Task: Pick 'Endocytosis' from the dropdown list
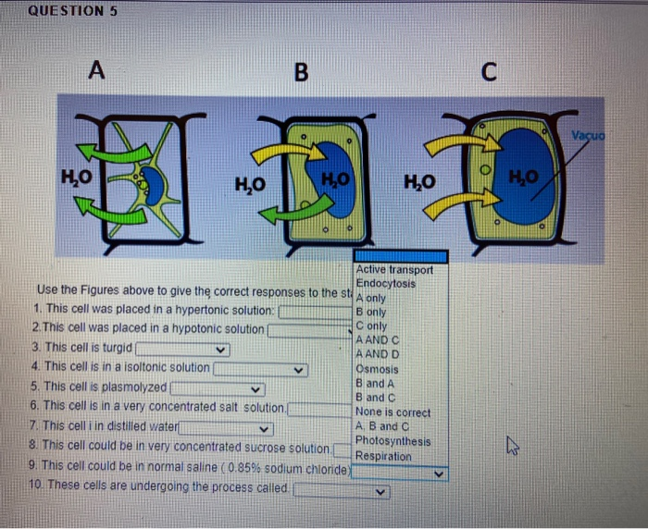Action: coord(386,283)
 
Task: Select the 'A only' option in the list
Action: coord(376,298)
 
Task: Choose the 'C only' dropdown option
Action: coord(373,326)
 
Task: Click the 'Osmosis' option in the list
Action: coord(378,369)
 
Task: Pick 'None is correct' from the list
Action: coord(393,412)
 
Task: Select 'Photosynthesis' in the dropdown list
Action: coord(393,442)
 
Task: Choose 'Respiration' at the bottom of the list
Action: coord(384,457)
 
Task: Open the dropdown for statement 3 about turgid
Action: coord(220,351)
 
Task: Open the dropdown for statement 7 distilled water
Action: coord(265,428)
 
